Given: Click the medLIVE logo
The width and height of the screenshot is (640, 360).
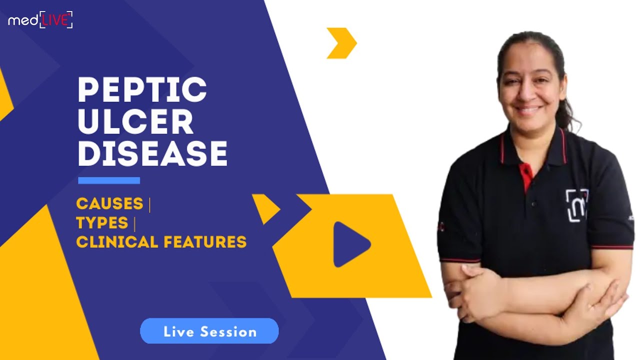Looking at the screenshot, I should pos(40,19).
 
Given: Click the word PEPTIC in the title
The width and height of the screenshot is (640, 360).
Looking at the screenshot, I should pos(142,90).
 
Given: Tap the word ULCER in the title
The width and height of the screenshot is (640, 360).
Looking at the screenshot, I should pos(135,121).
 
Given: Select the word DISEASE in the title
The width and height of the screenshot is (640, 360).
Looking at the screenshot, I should pos(152,153).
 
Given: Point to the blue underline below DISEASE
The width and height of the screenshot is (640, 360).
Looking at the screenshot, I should pos(109,180).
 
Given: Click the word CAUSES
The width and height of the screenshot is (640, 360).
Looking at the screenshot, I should pos(109,204).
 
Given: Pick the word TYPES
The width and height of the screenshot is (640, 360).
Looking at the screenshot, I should pos(102,223).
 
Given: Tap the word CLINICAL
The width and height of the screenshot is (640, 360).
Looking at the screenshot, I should pos(116,242).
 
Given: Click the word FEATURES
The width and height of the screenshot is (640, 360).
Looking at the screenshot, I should pos(204,242).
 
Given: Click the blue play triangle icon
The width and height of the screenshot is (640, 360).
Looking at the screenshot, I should pos(349,244).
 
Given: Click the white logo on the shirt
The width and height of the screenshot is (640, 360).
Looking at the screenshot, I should pos(576,205).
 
